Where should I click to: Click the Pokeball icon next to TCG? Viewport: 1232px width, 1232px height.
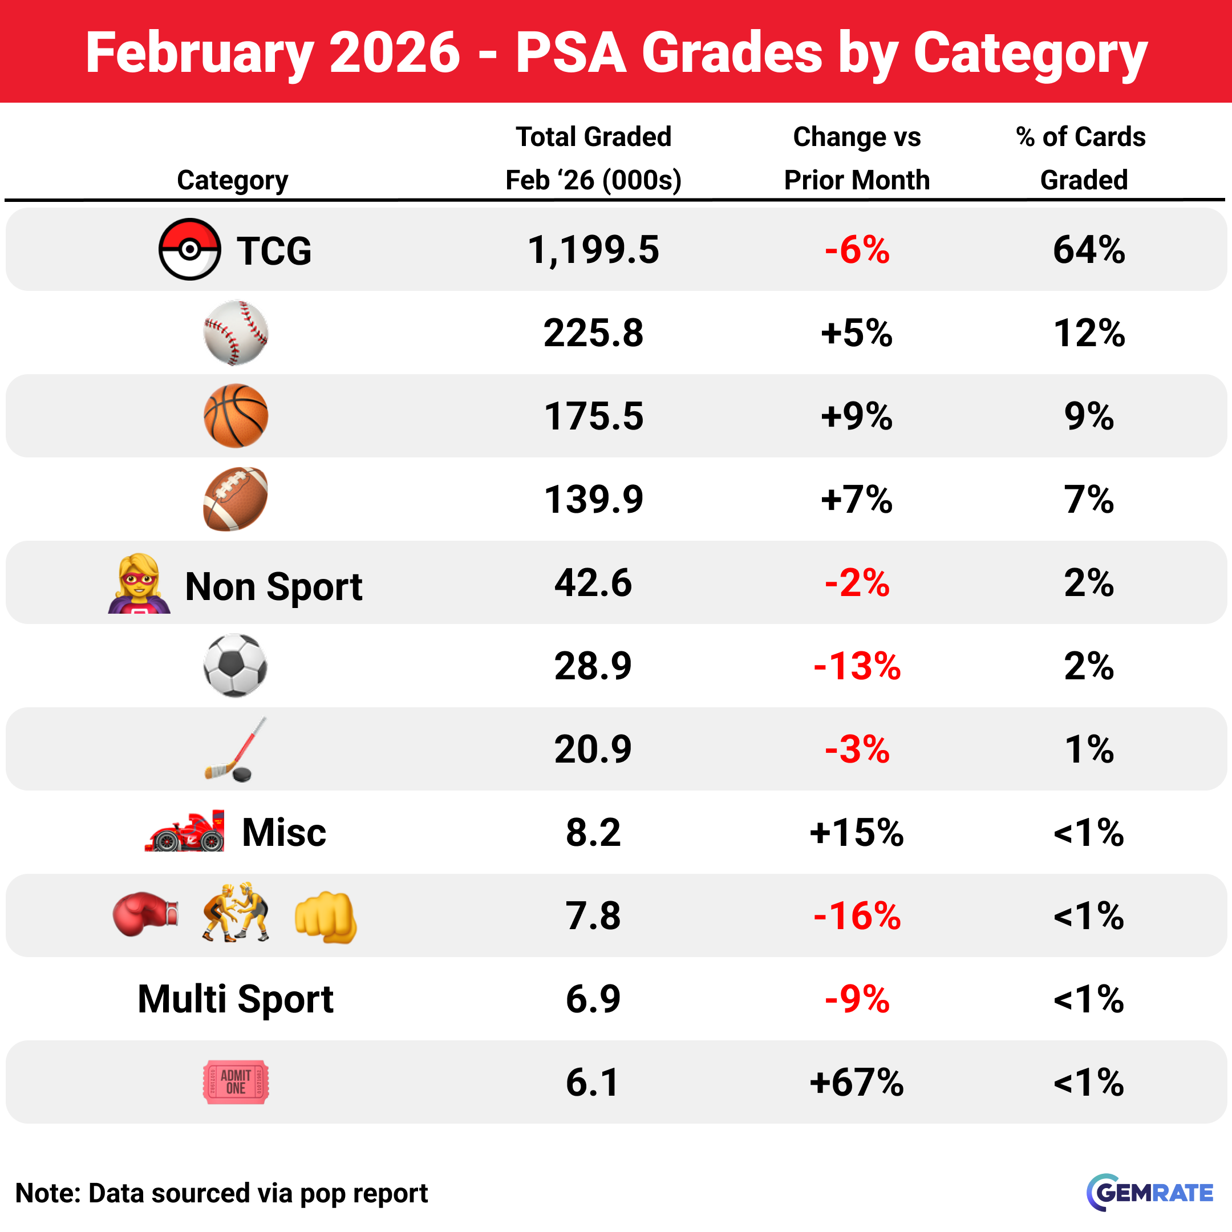[189, 249]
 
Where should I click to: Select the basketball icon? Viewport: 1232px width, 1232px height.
[236, 416]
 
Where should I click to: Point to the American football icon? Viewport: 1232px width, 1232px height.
[236, 499]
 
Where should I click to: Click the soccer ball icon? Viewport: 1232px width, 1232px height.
[236, 665]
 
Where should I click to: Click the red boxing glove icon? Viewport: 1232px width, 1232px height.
[145, 914]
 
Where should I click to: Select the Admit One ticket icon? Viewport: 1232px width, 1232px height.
[236, 1082]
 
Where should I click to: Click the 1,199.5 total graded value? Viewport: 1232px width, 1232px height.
[593, 249]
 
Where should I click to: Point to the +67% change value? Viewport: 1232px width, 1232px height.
[856, 1082]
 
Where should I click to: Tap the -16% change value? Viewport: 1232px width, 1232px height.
[856, 915]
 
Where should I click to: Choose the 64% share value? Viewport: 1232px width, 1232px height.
[1088, 249]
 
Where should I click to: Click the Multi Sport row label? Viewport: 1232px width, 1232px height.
[236, 999]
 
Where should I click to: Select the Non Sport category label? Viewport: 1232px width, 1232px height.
[273, 586]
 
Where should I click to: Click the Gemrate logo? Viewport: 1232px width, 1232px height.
[1149, 1193]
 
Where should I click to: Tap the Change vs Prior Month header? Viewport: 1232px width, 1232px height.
[856, 158]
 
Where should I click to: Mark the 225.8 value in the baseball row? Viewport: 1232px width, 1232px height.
[593, 333]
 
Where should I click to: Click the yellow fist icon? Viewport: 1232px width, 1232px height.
[325, 917]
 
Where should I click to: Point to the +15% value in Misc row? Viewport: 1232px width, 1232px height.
[856, 832]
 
